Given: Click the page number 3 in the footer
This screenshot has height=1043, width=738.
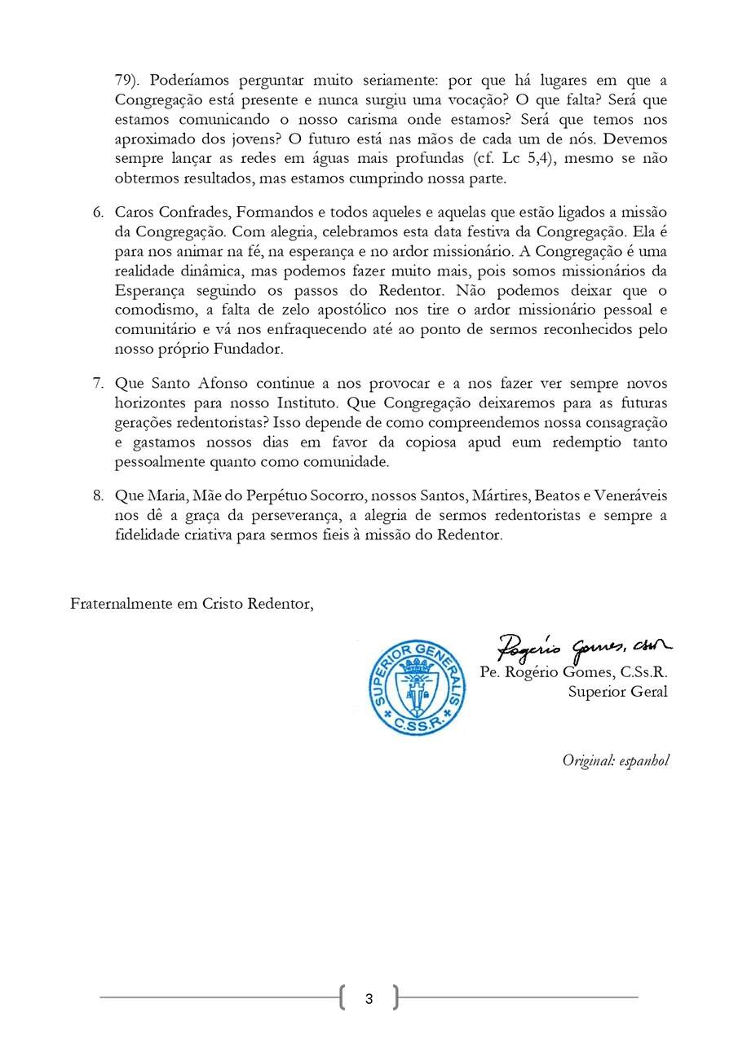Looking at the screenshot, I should click(x=369, y=998).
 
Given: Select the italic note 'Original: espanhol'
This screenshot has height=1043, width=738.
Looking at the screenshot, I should click(x=615, y=760).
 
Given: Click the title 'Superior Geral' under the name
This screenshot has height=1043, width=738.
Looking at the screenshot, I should click(x=617, y=692).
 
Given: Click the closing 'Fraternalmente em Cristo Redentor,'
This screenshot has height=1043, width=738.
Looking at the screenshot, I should click(x=192, y=604).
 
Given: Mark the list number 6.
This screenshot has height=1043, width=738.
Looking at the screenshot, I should click(x=97, y=212).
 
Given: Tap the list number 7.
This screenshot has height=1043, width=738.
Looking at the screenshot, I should click(x=97, y=383).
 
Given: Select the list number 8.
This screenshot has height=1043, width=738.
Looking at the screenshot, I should click(x=97, y=496).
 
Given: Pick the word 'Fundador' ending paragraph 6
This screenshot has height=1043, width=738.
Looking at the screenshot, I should click(x=250, y=349).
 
